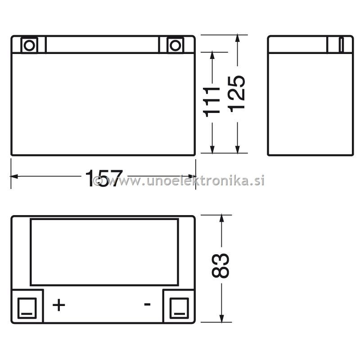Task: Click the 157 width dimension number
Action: coord(104,178)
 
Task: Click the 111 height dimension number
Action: coord(211,102)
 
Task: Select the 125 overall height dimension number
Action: coord(237,94)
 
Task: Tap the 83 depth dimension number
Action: coord(220,266)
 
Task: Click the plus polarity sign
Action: coord(59,305)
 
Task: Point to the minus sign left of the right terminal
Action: coord(147,305)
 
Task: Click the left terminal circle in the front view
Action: coord(29,45)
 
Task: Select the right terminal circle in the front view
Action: coord(175,45)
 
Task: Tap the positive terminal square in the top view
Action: coord(27,308)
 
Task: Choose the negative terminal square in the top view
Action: coord(179,308)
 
